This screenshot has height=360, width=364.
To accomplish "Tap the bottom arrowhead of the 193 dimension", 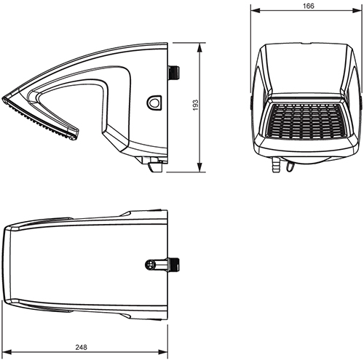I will [201, 171].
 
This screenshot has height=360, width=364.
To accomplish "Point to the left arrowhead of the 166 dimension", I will [253, 12].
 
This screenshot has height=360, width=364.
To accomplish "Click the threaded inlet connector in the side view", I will [174, 72].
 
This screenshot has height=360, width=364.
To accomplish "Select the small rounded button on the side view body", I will [154, 103].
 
